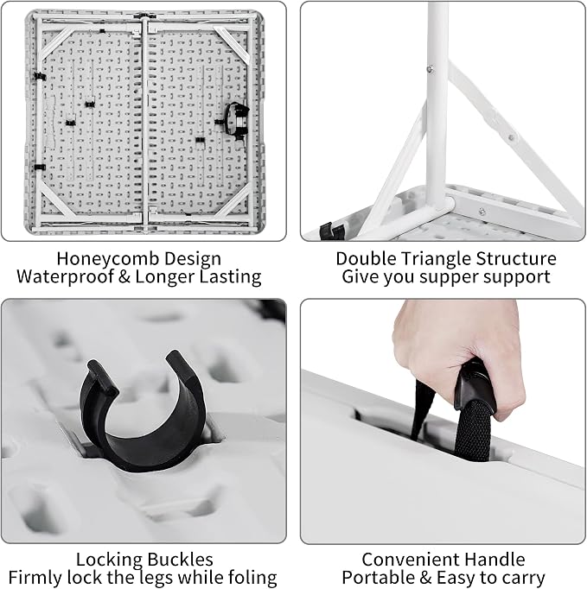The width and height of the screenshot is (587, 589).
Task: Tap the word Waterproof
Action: pos(65,277)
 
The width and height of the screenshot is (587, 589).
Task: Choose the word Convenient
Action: pos(410,560)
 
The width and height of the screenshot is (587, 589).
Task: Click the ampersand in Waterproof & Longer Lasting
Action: pos(124,277)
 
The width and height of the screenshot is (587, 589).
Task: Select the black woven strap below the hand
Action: pos(473,432)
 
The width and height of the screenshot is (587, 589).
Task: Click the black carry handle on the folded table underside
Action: pos(238,121)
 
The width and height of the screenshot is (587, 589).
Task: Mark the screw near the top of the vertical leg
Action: pos(431,69)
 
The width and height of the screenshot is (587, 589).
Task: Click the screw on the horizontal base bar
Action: pos(482,212)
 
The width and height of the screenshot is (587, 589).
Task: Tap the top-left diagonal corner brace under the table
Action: pos(57,43)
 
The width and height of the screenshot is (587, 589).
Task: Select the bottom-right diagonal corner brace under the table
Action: pos(233,203)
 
